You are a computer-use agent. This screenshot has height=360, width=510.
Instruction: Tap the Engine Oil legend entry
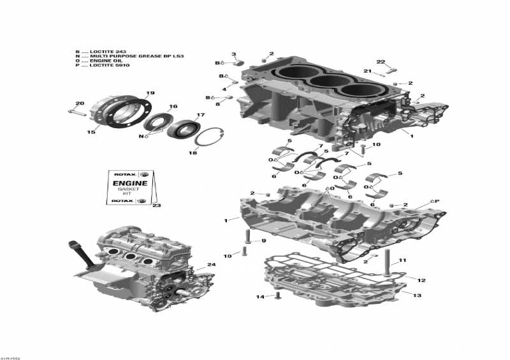click(101, 61)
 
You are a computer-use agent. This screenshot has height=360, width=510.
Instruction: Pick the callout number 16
click(173, 106)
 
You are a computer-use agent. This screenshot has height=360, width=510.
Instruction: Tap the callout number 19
click(150, 94)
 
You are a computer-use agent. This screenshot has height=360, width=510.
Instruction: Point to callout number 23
click(157, 205)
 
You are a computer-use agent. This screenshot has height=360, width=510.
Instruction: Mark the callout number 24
click(211, 264)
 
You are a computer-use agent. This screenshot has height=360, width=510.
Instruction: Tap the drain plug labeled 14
click(277, 297)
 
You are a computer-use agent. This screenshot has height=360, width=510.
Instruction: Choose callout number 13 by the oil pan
click(418, 295)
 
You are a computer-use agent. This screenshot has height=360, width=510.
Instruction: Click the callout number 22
click(381, 62)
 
